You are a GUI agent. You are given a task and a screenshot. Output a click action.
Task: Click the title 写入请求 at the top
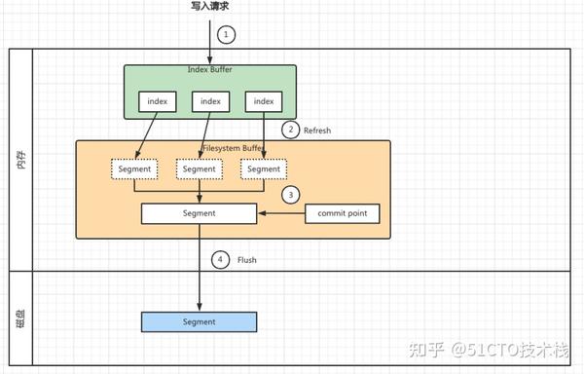(x=210, y=7)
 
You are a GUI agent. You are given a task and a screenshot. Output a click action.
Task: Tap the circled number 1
(x=226, y=34)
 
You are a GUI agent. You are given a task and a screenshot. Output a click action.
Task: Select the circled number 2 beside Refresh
(x=289, y=130)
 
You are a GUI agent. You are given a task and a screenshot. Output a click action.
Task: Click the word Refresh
(x=317, y=131)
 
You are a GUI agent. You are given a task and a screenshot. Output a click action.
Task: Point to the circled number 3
(x=289, y=194)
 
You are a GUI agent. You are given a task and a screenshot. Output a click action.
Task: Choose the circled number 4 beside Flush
(x=220, y=260)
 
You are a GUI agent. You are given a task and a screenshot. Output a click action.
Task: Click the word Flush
(x=247, y=261)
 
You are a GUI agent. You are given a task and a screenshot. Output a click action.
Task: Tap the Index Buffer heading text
(x=209, y=69)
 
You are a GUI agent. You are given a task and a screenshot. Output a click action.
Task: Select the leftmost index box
(x=158, y=100)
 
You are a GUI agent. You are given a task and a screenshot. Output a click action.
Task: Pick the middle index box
(x=210, y=100)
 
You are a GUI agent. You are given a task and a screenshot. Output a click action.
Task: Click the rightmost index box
(x=263, y=100)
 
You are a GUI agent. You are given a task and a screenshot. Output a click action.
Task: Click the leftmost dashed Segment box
(x=134, y=168)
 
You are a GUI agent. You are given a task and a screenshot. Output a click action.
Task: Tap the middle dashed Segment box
(x=200, y=168)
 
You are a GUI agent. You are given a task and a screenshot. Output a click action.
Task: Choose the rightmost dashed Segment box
(x=264, y=168)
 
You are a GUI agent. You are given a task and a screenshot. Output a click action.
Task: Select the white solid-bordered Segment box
(x=199, y=212)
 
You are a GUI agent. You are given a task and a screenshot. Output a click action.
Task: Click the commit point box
(x=342, y=212)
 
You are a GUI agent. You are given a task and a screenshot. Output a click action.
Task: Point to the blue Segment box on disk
(x=199, y=321)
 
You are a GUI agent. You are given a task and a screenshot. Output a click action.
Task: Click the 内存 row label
(x=20, y=161)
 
